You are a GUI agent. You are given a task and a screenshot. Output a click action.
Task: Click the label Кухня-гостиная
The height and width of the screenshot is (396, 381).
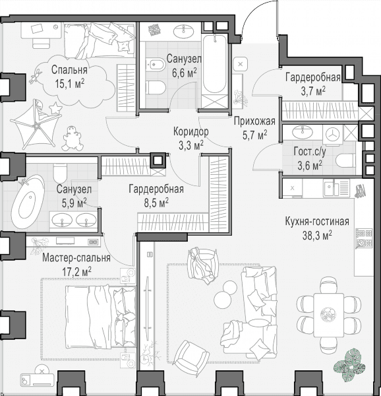pyautogui.click(x=317, y=222)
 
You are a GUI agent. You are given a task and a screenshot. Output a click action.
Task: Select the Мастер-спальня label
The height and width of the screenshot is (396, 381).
pyautogui.click(x=76, y=258)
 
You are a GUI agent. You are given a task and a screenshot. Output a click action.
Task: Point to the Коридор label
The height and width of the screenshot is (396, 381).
pyautogui.click(x=191, y=131)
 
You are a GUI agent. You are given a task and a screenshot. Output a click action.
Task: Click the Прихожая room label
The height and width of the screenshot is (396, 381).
pyautogui.click(x=254, y=121)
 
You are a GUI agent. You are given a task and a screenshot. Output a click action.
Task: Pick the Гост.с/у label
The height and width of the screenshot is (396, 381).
pyautogui.click(x=310, y=152)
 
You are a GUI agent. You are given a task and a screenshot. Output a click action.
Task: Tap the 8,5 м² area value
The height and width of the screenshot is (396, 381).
pyautogui.click(x=156, y=203)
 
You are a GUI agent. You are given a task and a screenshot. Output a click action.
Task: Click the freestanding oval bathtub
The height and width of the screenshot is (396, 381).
pyautogui.click(x=28, y=201)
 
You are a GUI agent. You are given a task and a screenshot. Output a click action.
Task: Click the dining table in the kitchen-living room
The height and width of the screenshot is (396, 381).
pyautogui.click(x=329, y=315)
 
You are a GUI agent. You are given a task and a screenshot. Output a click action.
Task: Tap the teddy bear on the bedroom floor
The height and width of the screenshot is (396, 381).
pyautogui.click(x=73, y=139)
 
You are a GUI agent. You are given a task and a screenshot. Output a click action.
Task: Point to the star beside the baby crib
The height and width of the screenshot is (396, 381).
pyautogui.click(x=55, y=108)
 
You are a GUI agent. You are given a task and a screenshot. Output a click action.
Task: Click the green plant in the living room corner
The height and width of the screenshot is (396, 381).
pyautogui.click(x=349, y=364)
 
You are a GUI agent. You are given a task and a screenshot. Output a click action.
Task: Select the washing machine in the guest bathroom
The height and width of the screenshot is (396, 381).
pyautogui.click(x=333, y=135)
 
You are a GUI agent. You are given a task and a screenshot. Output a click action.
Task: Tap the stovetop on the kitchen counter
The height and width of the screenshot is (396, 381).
pyautogui.click(x=365, y=238)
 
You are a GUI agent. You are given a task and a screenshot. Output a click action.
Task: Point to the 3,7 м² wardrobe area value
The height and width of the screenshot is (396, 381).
pyautogui.click(x=313, y=90)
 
